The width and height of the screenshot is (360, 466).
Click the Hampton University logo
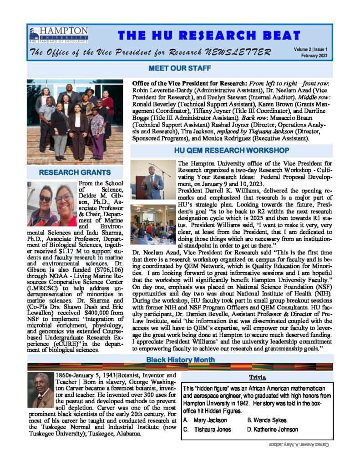[58, 35]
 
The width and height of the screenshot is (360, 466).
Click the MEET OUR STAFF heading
[179, 69]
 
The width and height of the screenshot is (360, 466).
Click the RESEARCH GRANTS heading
[75, 172]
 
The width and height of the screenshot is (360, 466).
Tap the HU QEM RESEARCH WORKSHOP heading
[231, 150]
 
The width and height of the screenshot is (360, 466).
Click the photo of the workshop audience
[152, 224]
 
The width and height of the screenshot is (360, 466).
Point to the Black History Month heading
[179, 360]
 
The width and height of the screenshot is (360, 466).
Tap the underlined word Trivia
[257, 377]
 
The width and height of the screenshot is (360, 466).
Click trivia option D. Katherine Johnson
[273, 429]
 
